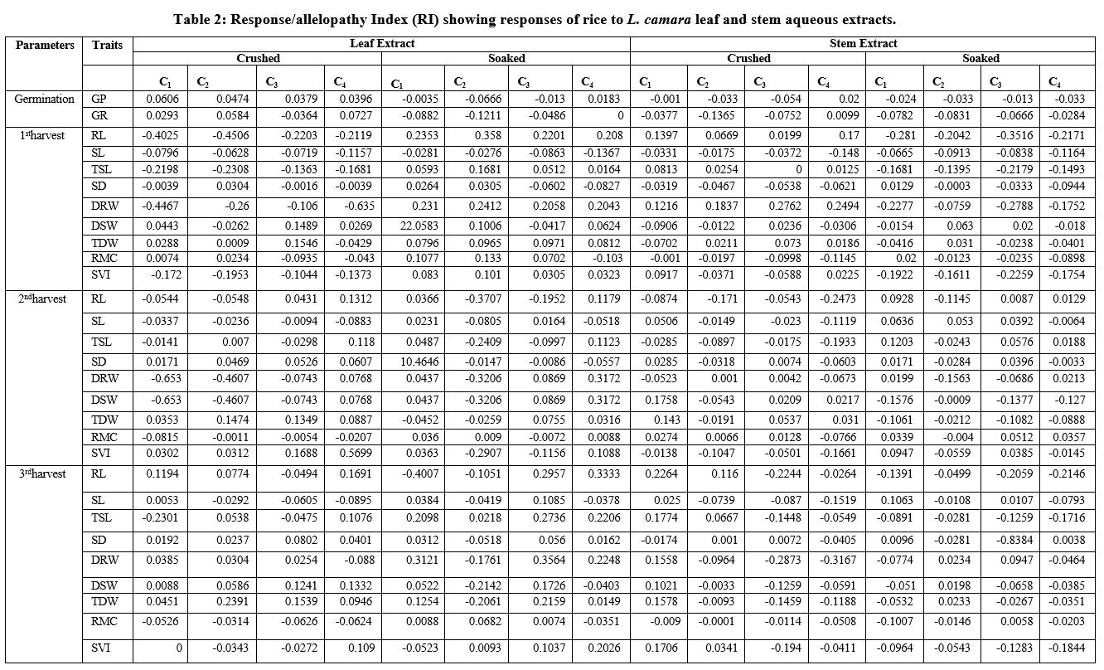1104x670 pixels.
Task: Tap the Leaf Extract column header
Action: [x=381, y=43]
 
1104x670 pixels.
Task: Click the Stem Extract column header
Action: [x=864, y=43]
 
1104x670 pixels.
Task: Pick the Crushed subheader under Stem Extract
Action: [x=748, y=58]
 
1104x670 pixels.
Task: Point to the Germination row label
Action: [x=44, y=99]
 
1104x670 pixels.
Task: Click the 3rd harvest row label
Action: [x=44, y=473]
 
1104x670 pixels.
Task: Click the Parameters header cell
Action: [x=44, y=45]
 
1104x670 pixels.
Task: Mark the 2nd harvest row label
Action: [x=44, y=298]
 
